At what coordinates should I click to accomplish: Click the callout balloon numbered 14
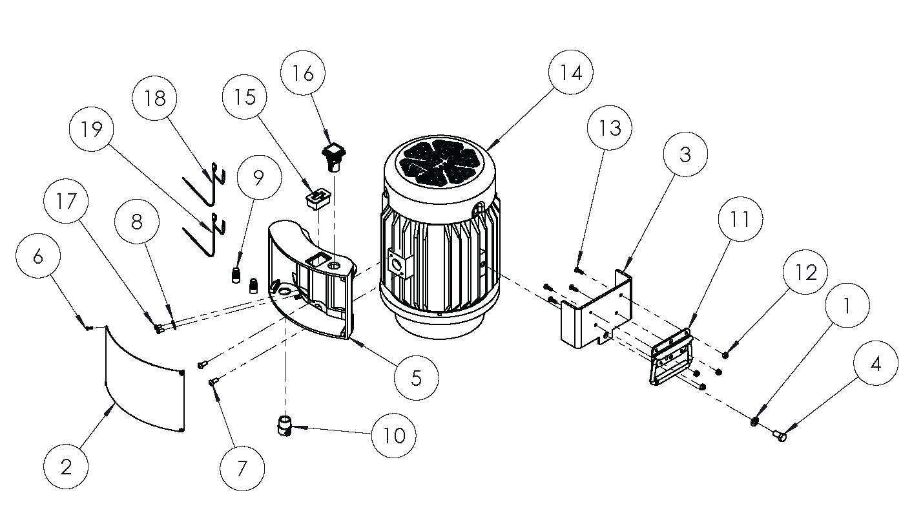point(571,74)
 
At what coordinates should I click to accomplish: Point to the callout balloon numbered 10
point(394,435)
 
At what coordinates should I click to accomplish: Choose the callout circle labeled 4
point(875,364)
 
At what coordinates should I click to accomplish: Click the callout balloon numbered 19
point(92,130)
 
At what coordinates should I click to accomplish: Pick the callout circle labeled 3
point(685,154)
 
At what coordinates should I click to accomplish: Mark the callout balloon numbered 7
point(242,469)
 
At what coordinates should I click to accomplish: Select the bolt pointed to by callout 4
point(780,436)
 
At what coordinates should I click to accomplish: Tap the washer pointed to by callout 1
point(754,422)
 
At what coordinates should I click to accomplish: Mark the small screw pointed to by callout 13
point(578,270)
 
